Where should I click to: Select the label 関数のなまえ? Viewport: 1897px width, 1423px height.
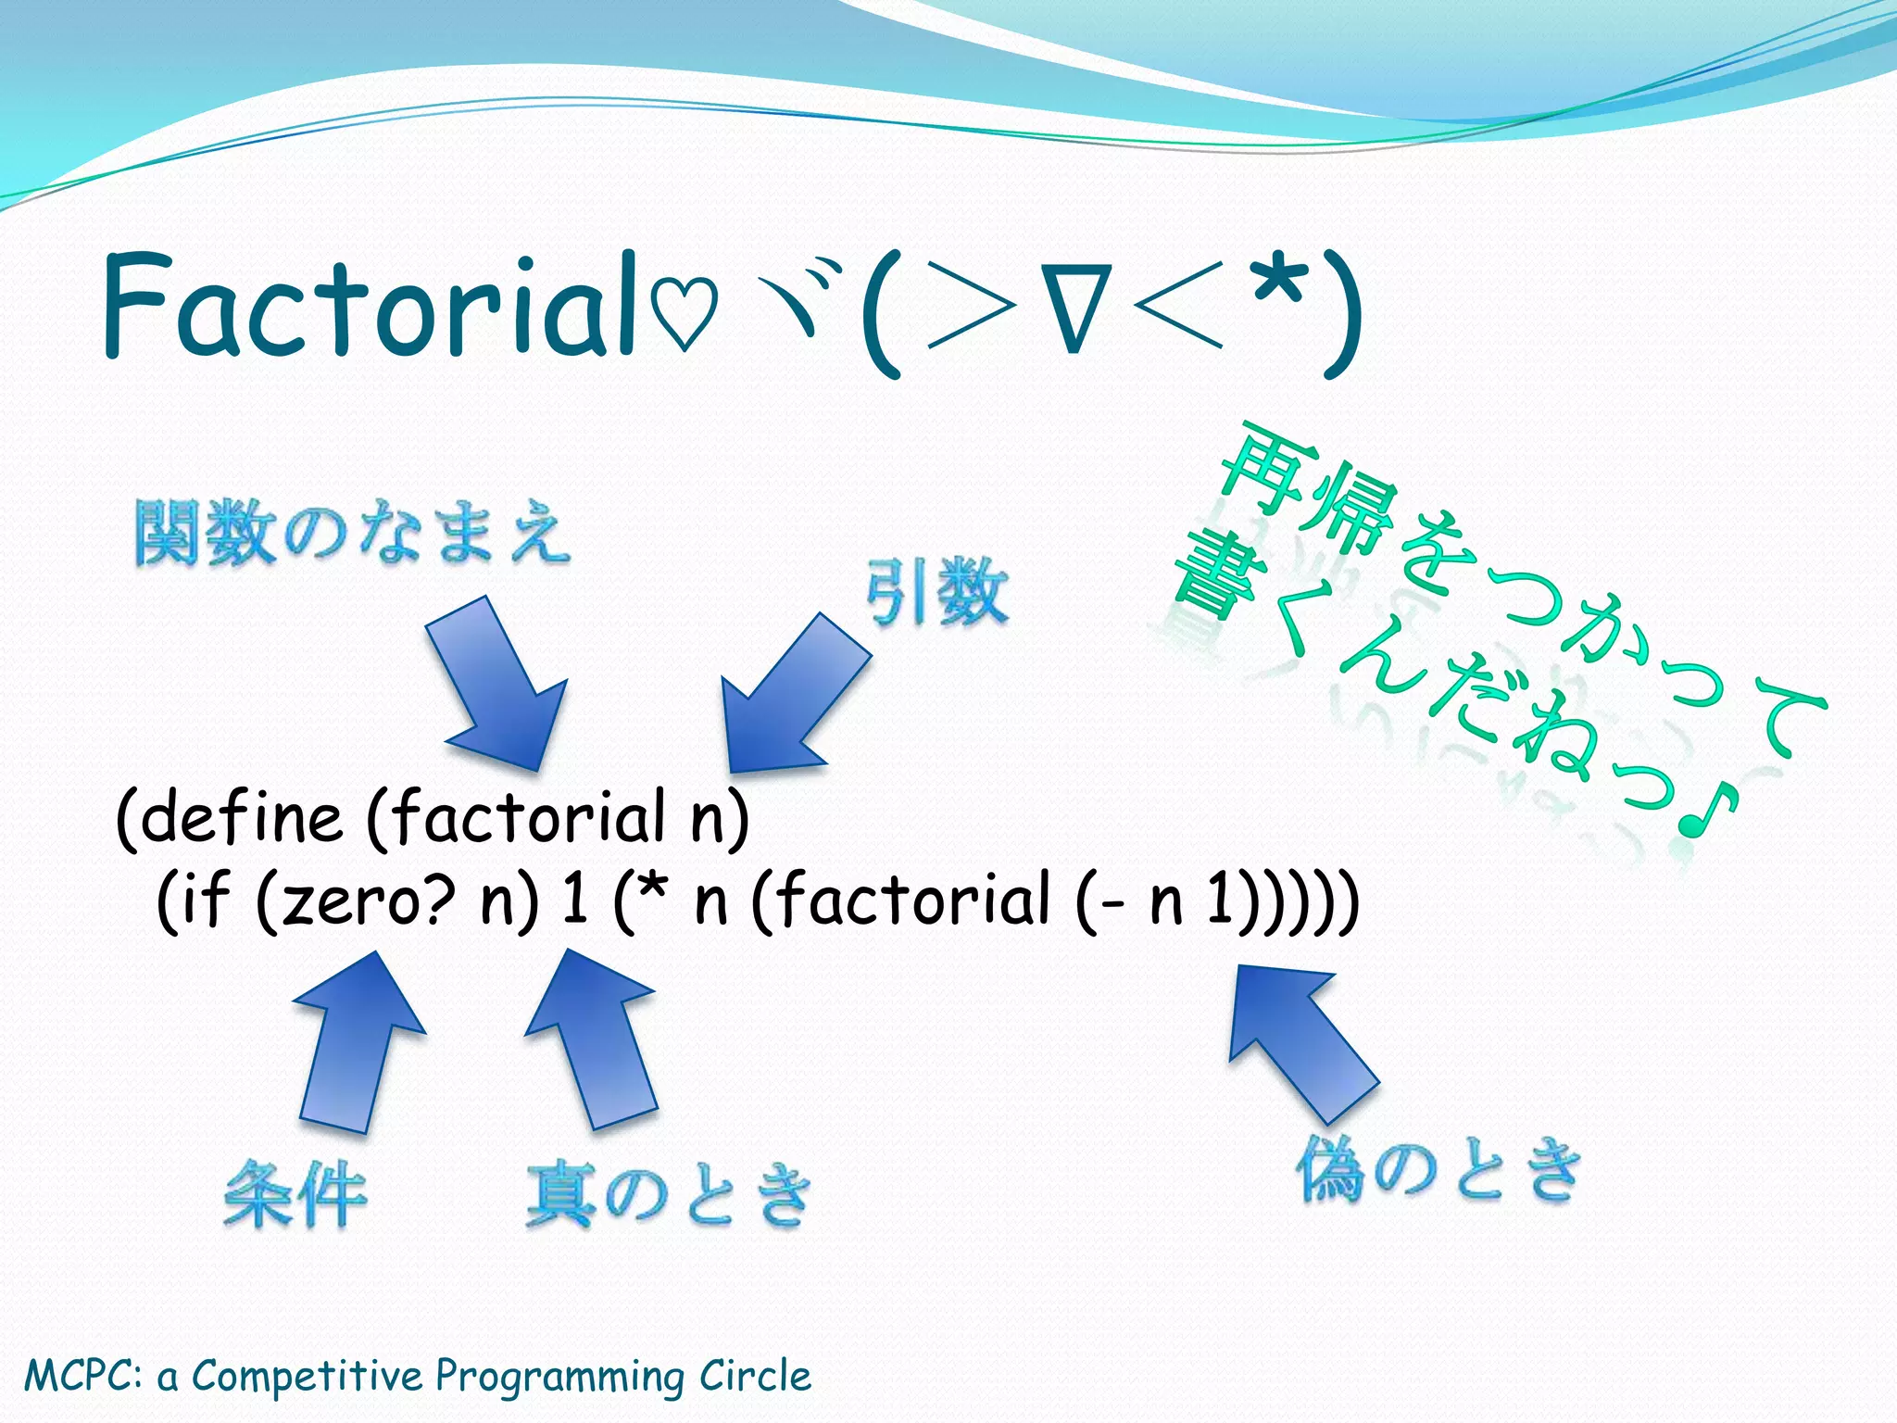point(352,532)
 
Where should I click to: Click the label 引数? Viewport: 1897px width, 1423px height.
point(936,593)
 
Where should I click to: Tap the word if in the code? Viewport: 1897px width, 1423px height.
point(206,900)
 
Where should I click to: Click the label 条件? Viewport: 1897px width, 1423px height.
point(295,1195)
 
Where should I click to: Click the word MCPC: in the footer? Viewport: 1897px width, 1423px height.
point(83,1375)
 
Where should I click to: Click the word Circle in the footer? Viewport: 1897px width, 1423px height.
point(755,1375)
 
